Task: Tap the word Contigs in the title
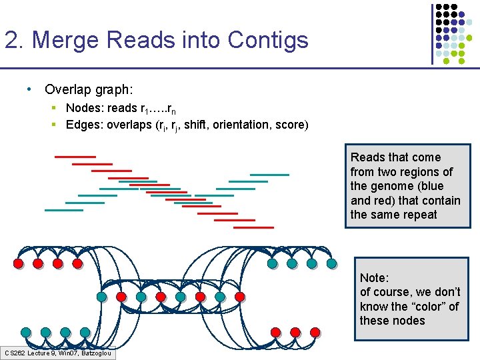tap(267, 40)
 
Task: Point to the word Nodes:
tap(84, 108)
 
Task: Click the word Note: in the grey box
tap(374, 277)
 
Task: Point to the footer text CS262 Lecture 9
tap(33, 353)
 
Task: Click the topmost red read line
tap(75, 157)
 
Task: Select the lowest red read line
tap(253, 227)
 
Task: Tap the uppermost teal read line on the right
tap(269, 175)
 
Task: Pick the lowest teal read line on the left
tap(64, 210)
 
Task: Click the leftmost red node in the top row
tap(18, 263)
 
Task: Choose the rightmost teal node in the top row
tap(332, 263)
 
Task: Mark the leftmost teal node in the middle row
tap(101, 297)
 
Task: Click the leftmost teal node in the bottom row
tap(25, 331)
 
